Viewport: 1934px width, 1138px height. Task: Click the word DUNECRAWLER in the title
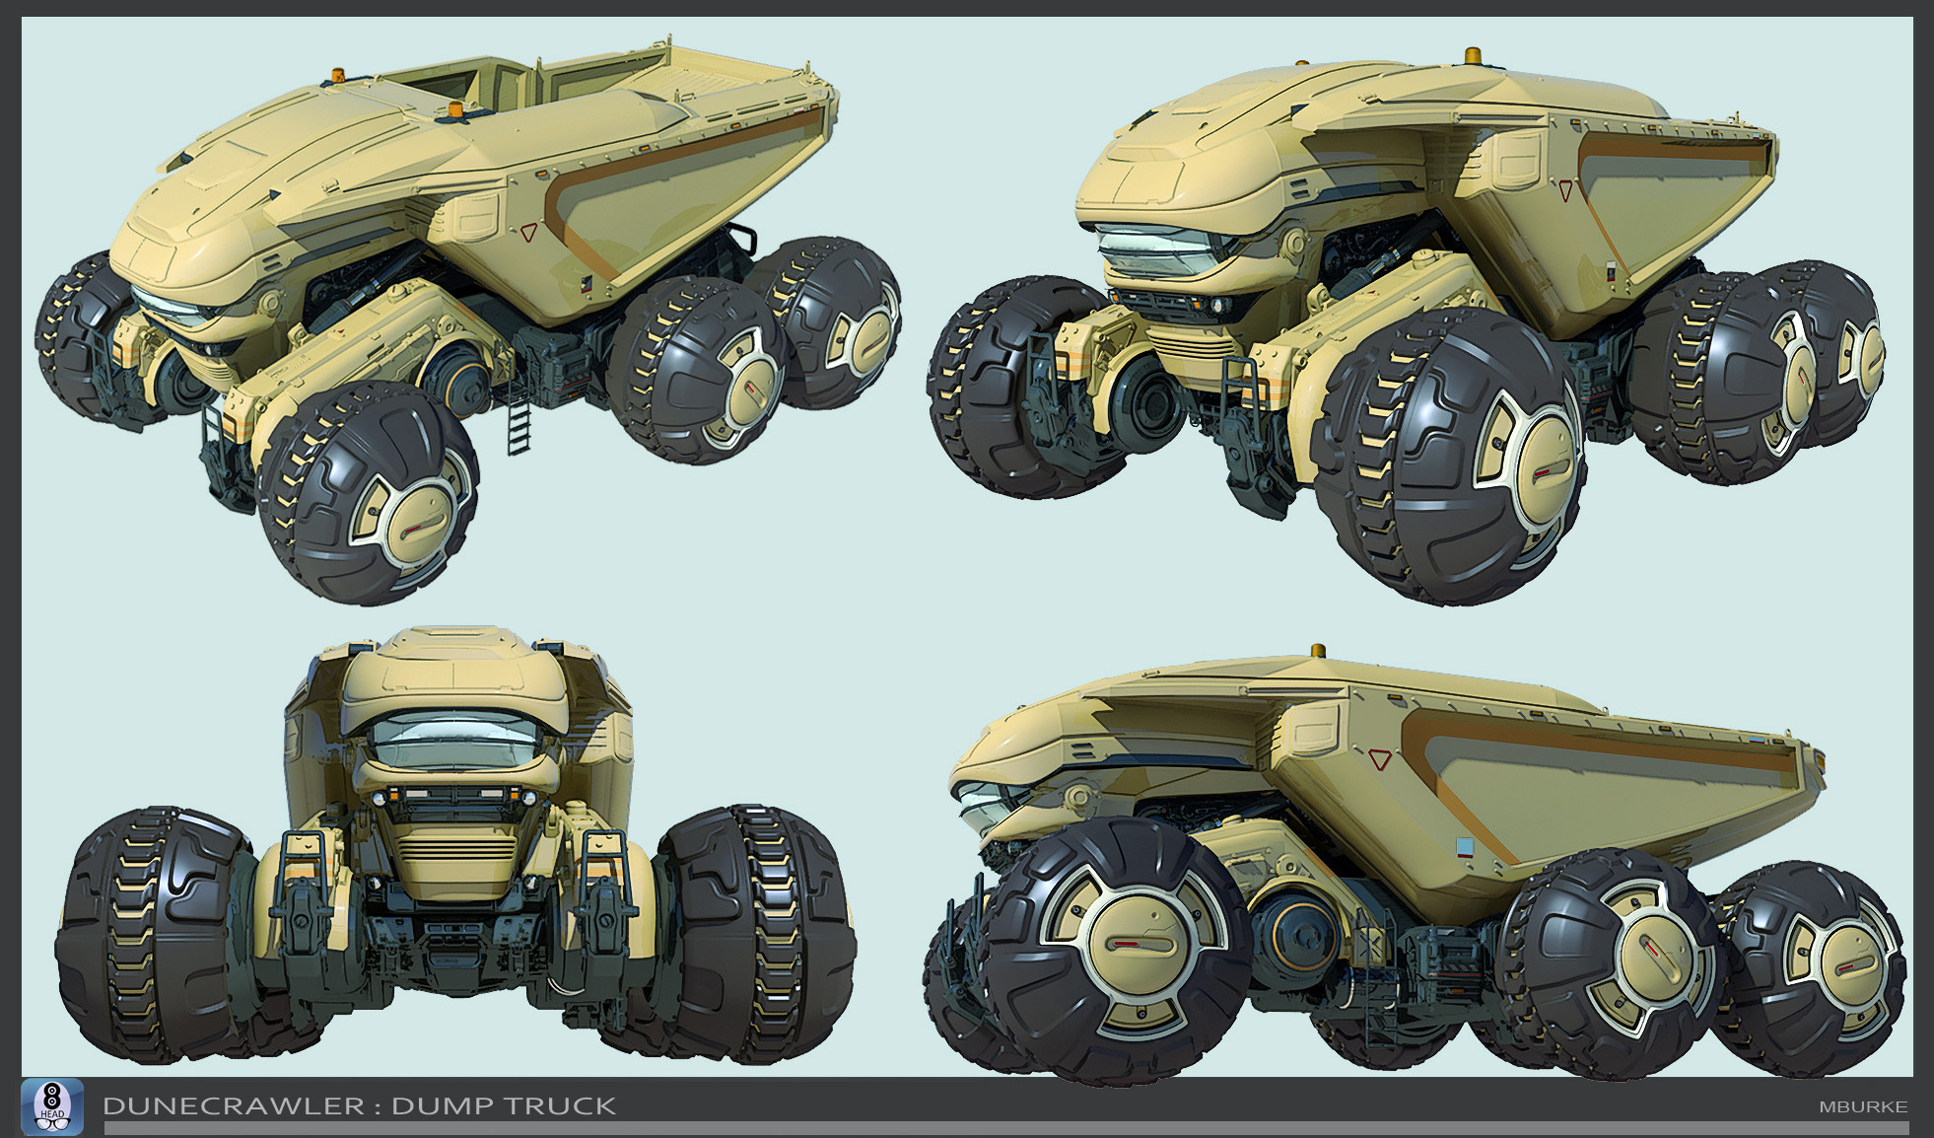pyautogui.click(x=233, y=1106)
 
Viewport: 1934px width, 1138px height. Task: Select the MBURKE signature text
pyautogui.click(x=1863, y=1107)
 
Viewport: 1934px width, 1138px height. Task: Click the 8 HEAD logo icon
pyautogui.click(x=52, y=1106)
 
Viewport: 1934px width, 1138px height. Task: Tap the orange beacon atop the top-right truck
pyautogui.click(x=1474, y=54)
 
